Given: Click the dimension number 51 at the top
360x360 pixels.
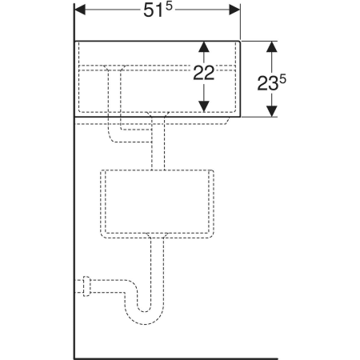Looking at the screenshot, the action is (154, 11).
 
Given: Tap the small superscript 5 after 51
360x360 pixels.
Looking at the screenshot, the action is (170, 7).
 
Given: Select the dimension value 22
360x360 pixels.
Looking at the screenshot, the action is (204, 73).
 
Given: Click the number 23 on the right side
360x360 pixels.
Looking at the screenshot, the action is (268, 83).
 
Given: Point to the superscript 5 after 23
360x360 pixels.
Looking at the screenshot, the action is (282, 80).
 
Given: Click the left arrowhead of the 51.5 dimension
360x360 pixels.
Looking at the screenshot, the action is (80, 10).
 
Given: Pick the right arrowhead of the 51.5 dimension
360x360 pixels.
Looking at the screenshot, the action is (234, 10).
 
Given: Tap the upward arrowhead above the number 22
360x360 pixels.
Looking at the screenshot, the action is (204, 46).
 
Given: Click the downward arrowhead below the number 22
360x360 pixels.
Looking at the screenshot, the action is (204, 106).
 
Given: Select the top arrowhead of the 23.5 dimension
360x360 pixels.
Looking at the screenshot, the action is (272, 46).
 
